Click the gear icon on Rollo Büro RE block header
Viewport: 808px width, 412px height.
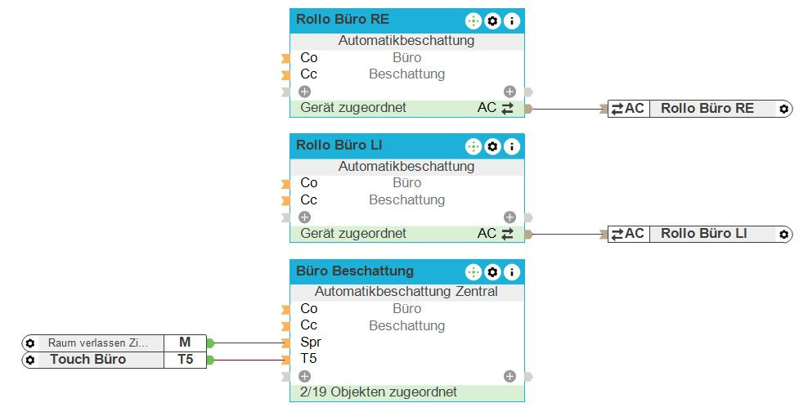coord(492,20)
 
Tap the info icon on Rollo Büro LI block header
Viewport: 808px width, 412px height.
coord(512,146)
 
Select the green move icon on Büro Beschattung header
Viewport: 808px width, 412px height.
coord(474,272)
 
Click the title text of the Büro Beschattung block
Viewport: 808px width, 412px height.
coord(355,271)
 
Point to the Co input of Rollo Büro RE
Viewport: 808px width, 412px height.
coord(308,58)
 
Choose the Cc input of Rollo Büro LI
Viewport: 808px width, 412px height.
coord(308,200)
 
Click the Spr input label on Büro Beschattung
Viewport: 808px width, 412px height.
coord(310,343)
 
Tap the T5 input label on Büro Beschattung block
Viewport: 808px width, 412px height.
coord(309,359)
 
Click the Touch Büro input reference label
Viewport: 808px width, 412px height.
coord(88,360)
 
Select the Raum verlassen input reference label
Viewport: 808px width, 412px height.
coord(98,343)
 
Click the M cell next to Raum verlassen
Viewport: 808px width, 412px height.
coord(185,343)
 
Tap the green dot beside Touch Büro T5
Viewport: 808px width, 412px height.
coord(210,360)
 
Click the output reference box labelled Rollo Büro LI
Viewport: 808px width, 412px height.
coord(703,234)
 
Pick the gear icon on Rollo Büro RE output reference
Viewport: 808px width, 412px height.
coord(783,109)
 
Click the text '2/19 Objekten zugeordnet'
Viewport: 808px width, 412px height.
coord(379,392)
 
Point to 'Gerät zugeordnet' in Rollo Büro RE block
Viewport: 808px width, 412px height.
coord(353,108)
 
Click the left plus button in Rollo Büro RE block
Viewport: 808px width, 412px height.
coord(304,92)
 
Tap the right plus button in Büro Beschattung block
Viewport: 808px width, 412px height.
coord(509,376)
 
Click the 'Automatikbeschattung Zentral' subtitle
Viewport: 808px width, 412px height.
coord(406,292)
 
